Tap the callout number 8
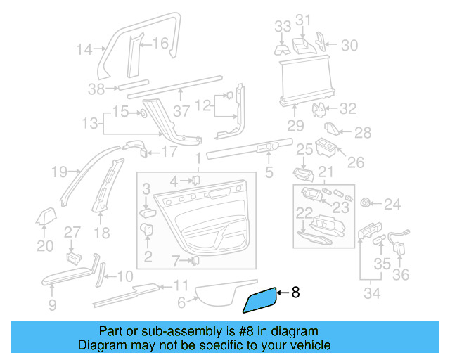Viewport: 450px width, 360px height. point(295,292)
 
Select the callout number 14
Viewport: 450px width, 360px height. point(84,49)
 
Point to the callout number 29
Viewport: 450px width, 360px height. point(295,126)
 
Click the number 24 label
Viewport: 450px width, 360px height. point(392,205)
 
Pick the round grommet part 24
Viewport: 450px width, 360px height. point(366,203)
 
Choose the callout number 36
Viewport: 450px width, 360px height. point(400,275)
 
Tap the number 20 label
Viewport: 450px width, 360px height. point(45,245)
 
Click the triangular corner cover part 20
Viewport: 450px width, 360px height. point(46,219)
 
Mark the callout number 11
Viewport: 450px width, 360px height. point(181,286)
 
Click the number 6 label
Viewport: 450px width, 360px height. point(181,303)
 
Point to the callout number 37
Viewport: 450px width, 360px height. point(182,111)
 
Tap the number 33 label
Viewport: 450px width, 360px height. point(282,27)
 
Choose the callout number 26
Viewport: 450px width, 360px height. point(356,162)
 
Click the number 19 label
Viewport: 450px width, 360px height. point(59,171)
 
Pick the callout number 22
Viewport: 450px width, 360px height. point(303,212)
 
